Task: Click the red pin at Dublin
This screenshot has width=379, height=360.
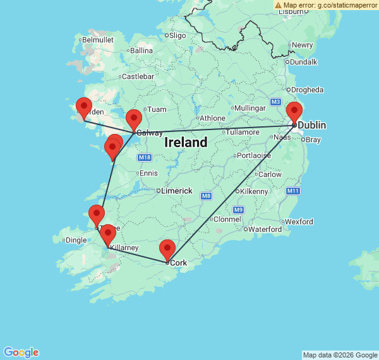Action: [294, 112]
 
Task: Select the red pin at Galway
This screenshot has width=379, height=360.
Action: [133, 119]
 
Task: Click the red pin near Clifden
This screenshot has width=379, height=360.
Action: [83, 107]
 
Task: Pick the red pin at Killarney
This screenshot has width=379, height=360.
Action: [108, 234]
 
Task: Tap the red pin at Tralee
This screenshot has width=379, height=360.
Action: [96, 215]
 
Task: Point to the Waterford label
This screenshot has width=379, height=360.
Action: [265, 229]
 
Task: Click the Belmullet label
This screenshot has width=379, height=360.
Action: [98, 39]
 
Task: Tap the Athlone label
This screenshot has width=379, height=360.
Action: [212, 118]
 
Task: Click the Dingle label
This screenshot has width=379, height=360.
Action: [76, 240]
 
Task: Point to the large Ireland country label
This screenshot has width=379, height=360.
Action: [186, 143]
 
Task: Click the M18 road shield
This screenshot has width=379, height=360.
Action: [144, 157]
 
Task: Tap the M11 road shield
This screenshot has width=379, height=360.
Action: [292, 191]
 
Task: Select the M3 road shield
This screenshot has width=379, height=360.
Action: [275, 102]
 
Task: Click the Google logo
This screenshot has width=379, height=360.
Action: [21, 352]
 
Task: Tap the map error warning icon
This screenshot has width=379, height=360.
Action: [279, 4]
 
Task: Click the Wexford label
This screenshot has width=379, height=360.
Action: [299, 222]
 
